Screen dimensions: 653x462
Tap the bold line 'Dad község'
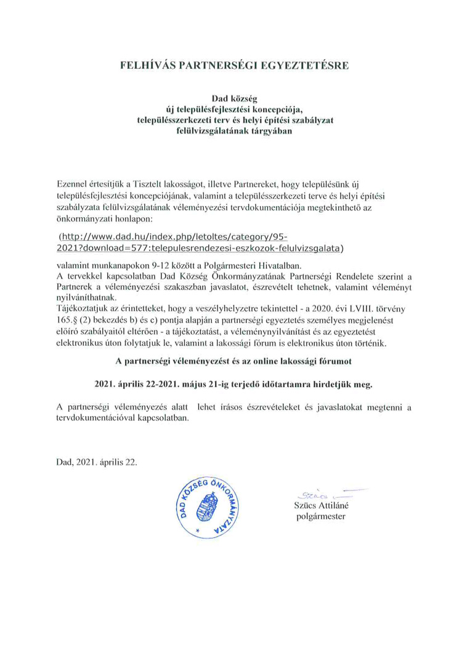[233, 98]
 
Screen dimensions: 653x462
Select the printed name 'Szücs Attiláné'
[321, 505]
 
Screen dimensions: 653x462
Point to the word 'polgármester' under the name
[321, 516]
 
